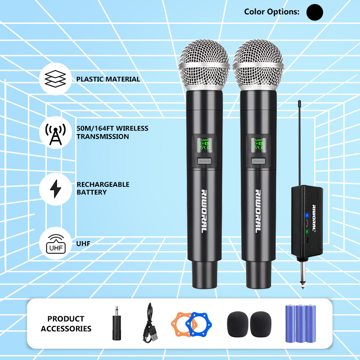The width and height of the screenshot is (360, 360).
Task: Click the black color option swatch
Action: pos(315,12)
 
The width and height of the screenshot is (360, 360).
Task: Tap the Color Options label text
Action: pos(271,12)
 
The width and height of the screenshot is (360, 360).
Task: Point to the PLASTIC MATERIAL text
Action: pos(108,79)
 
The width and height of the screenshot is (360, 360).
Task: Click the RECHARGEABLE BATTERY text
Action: pos(103,189)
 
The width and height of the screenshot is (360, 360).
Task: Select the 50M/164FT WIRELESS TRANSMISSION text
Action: pos(112,132)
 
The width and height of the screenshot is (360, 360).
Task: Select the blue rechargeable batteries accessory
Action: pos(299,324)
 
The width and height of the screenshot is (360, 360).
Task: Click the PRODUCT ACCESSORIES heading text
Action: pos(66,324)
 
